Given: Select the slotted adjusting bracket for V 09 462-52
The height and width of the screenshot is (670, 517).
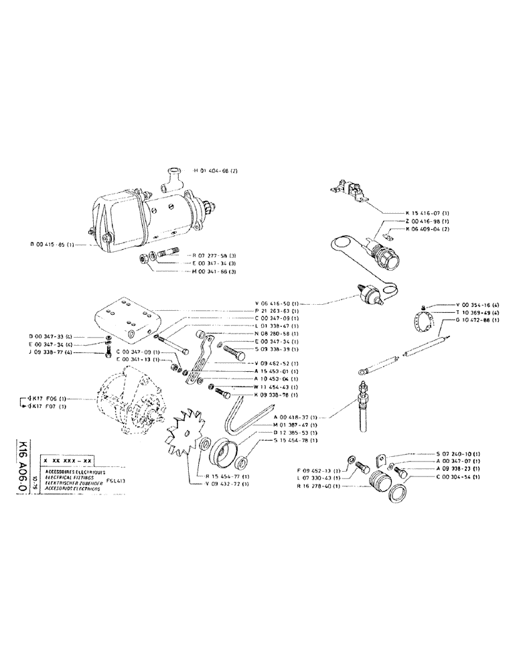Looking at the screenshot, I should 198,362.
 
